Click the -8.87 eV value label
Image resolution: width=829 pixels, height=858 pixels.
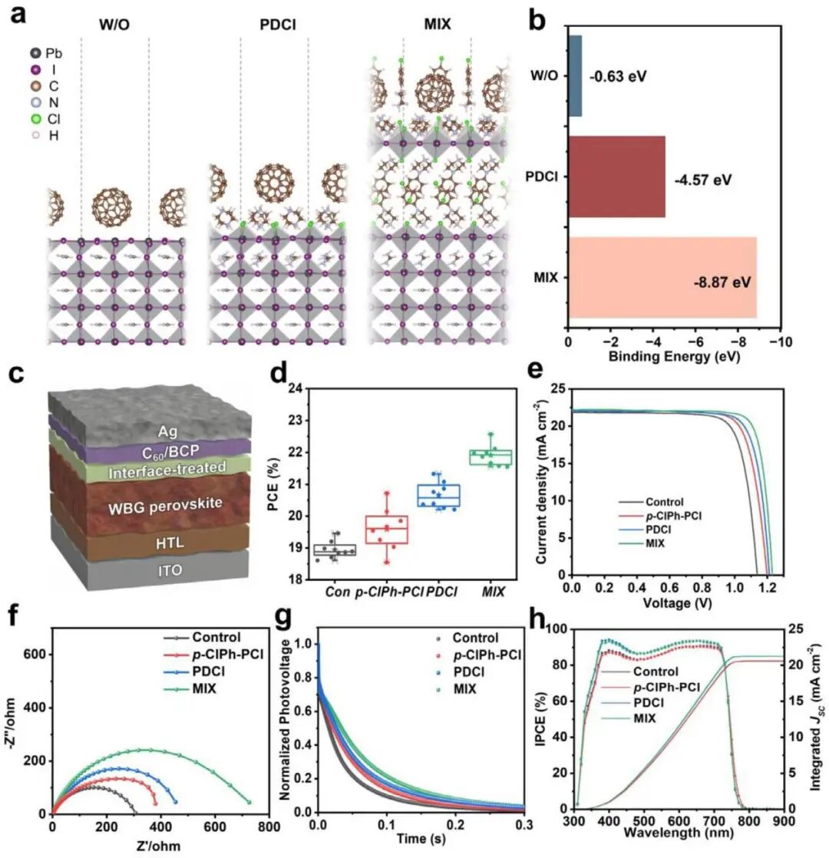(x=722, y=282)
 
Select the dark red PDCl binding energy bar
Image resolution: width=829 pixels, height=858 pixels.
(x=617, y=177)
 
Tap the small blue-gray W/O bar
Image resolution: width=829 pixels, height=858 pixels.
(x=575, y=75)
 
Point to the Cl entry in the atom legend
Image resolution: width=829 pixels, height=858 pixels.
(x=45, y=119)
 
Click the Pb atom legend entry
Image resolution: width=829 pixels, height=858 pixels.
(x=46, y=53)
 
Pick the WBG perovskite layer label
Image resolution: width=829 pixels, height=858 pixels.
(x=165, y=507)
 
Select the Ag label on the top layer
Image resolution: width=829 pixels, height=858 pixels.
(x=167, y=431)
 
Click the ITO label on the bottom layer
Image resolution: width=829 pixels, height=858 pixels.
(x=170, y=571)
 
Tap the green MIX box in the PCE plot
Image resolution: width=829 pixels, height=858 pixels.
(x=490, y=457)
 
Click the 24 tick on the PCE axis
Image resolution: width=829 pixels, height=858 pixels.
(x=295, y=389)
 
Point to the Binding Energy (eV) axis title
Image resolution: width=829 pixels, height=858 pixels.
(x=674, y=357)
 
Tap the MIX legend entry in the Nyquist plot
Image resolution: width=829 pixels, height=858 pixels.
(x=190, y=688)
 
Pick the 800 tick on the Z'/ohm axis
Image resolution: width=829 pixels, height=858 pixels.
(x=269, y=827)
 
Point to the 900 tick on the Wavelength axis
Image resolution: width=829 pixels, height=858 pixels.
(x=784, y=821)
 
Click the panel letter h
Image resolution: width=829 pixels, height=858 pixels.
(x=537, y=620)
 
